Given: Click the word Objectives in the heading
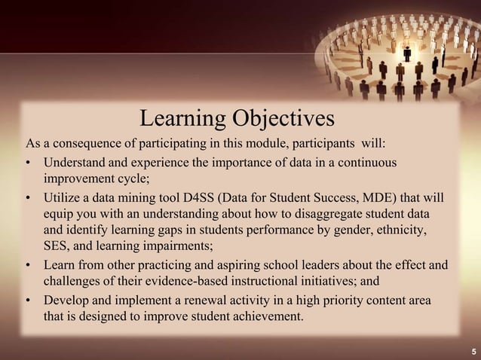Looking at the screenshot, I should tap(282, 119).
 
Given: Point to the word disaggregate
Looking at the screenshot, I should tap(345, 215).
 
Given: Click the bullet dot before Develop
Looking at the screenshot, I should tap(28, 302).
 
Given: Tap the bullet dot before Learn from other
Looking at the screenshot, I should tap(28, 267).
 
